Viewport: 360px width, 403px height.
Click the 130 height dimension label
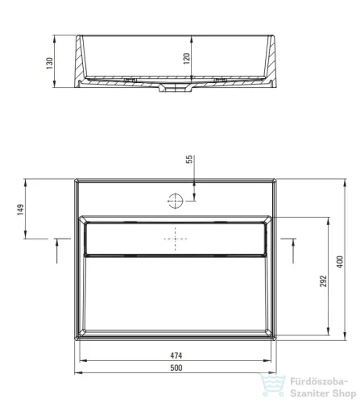pyautogui.click(x=50, y=64)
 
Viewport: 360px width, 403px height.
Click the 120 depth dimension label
pyautogui.click(x=186, y=58)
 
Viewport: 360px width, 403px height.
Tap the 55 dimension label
pyautogui.click(x=189, y=159)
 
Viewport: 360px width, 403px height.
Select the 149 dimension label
pyautogui.click(x=20, y=210)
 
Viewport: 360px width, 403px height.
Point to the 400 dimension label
pyautogui.click(x=340, y=262)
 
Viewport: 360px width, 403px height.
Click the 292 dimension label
pyautogui.click(x=323, y=280)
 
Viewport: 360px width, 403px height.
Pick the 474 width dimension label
pyautogui.click(x=176, y=355)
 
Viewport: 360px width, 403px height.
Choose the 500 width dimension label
pyautogui.click(x=176, y=368)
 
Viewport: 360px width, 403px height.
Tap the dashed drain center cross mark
pyautogui.click(x=176, y=239)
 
